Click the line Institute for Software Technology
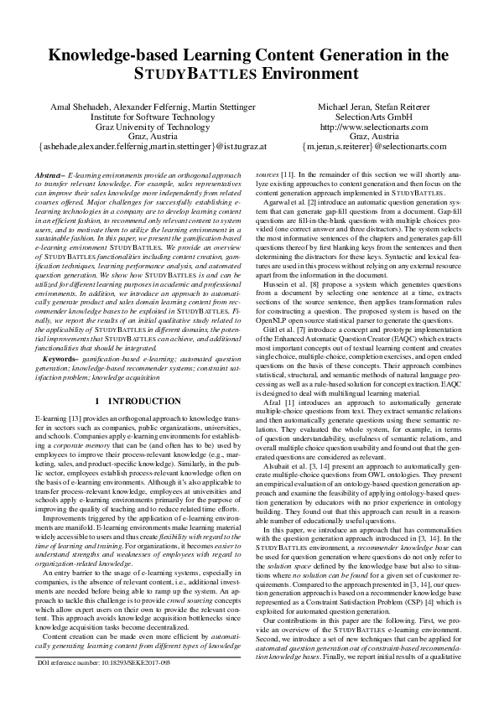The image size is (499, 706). pyautogui.click(x=152, y=118)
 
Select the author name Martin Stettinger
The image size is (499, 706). pyautogui.click(x=223, y=108)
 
